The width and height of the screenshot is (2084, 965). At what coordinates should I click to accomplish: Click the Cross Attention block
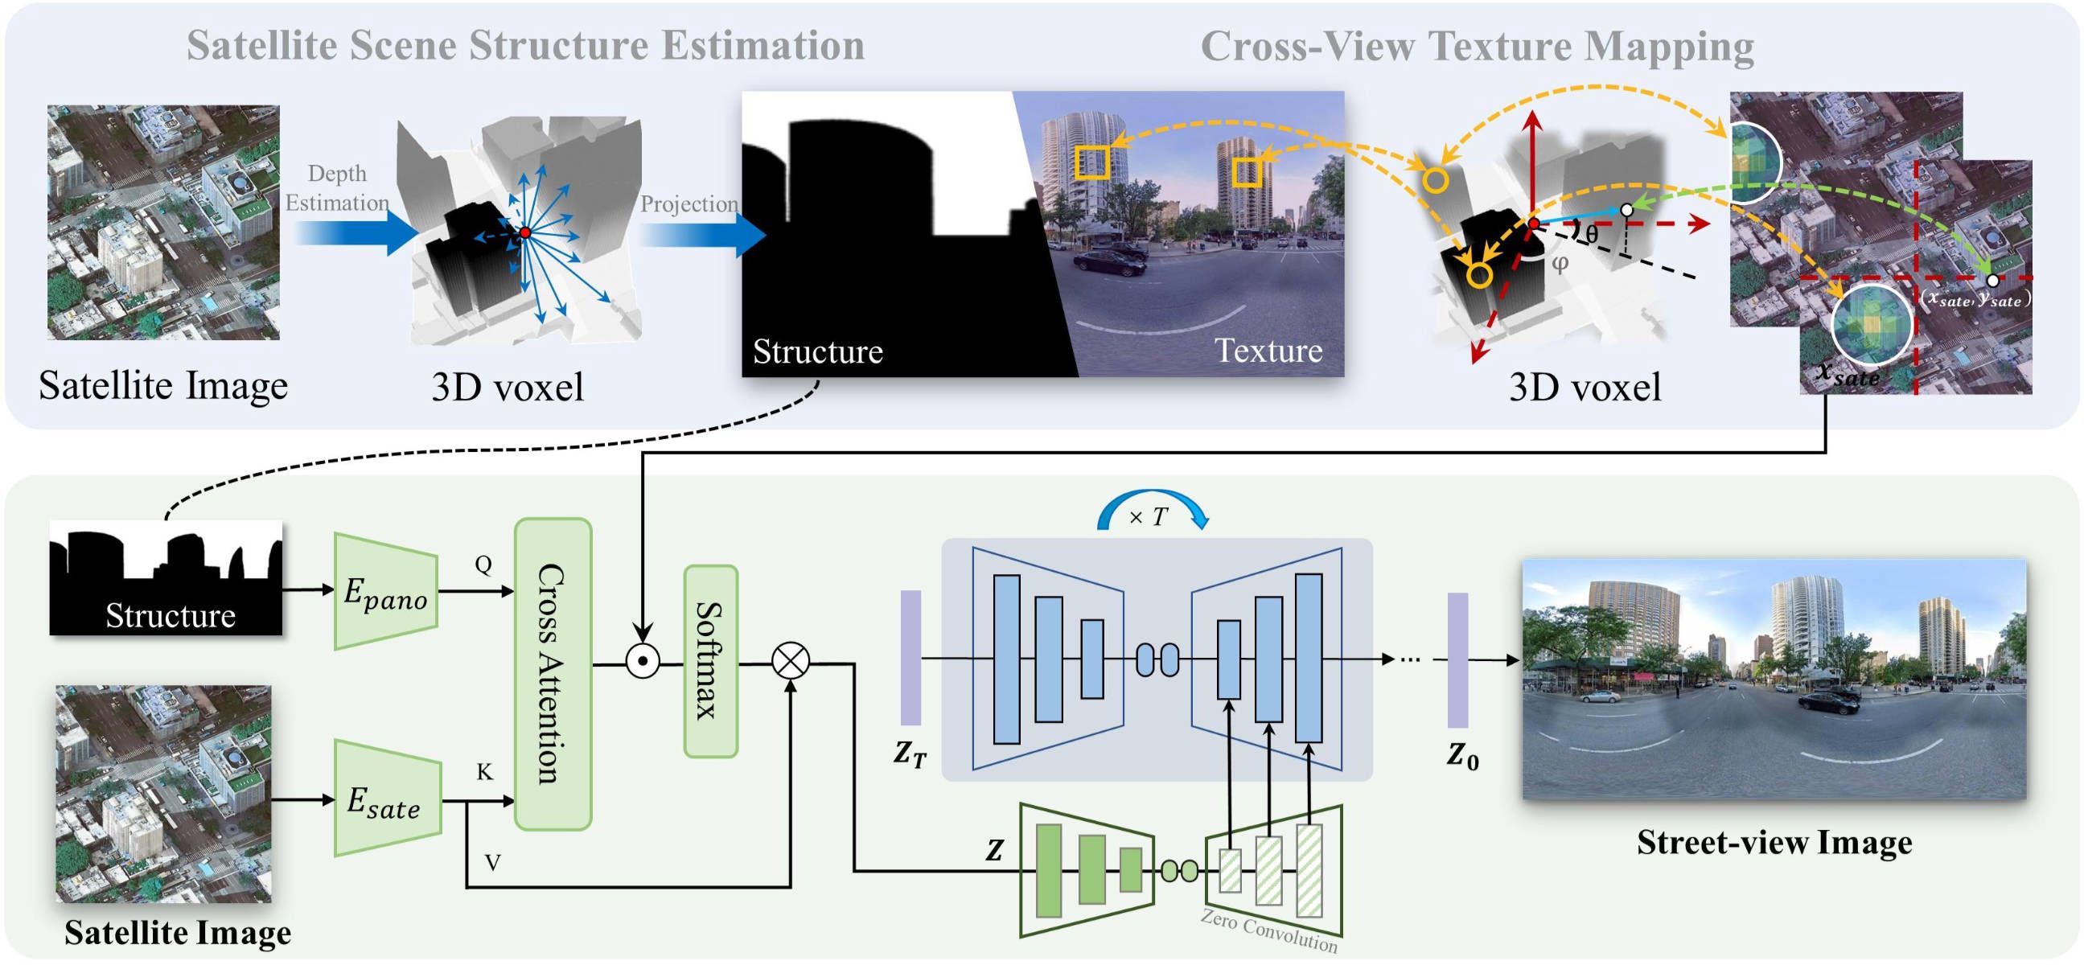[553, 674]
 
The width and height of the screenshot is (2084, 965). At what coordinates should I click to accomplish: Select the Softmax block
[710, 661]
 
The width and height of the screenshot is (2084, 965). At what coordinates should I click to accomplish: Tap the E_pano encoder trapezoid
[386, 591]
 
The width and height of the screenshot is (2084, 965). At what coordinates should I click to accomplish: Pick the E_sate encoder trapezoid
[387, 800]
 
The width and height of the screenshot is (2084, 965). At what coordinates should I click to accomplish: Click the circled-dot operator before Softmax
[643, 661]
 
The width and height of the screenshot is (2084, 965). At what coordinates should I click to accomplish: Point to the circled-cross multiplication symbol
[791, 661]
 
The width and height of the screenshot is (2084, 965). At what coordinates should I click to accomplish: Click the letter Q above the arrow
[483, 564]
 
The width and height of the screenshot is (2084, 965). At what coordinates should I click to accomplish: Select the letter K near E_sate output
[484, 772]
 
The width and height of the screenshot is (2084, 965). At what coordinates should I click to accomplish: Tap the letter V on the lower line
[492, 862]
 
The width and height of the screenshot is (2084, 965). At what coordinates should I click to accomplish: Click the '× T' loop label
[1149, 517]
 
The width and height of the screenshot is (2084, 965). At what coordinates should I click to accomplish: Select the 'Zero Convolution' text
[1268, 931]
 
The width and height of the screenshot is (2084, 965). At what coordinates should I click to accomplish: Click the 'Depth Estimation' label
[336, 187]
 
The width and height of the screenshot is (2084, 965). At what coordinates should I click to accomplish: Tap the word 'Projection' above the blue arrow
[689, 203]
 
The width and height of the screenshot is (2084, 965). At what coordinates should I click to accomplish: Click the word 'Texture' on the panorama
[1268, 351]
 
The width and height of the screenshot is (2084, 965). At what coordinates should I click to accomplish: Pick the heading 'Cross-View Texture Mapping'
[1477, 45]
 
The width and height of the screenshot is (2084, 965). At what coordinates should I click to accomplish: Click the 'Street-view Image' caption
[1774, 842]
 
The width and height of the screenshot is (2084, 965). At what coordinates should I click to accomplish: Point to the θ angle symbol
[1591, 234]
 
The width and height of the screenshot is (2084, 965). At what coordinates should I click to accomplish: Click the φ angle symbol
[1560, 263]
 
